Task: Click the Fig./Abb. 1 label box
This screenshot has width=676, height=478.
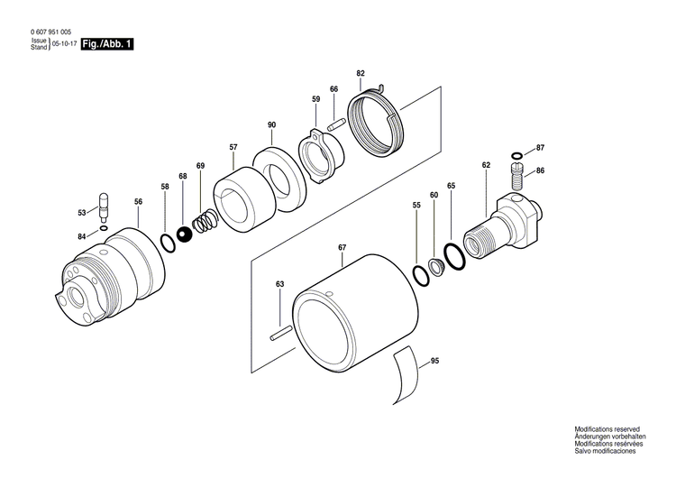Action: pyautogui.click(x=106, y=44)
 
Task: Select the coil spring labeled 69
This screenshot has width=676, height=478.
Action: pyautogui.click(x=206, y=220)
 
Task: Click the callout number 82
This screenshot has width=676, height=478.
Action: pyautogui.click(x=361, y=72)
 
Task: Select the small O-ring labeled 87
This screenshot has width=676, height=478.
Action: pyautogui.click(x=516, y=154)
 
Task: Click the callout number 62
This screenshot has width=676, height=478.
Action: pyautogui.click(x=486, y=165)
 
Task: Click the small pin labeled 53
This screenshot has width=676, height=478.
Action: pyautogui.click(x=104, y=207)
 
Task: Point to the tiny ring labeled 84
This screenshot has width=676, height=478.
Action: pyautogui.click(x=105, y=228)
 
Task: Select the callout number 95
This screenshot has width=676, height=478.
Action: pyautogui.click(x=434, y=361)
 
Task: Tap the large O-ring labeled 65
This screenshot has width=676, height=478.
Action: pyautogui.click(x=455, y=257)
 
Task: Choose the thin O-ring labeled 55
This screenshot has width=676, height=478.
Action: pyautogui.click(x=419, y=275)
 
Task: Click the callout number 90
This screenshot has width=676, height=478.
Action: pyautogui.click(x=270, y=124)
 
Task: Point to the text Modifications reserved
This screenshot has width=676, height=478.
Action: pyautogui.click(x=607, y=429)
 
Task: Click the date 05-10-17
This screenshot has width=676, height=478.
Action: pyautogui.click(x=62, y=44)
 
